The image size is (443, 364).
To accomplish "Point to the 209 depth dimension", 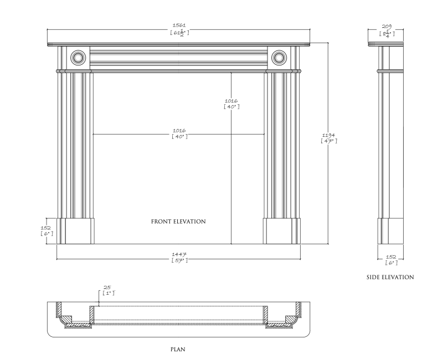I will [x=387, y=25].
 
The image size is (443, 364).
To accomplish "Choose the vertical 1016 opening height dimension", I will [x=231, y=101].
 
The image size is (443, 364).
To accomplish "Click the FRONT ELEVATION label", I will [x=178, y=222].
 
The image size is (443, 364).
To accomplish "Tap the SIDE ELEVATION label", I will [x=390, y=277].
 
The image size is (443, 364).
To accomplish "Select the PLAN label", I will [x=178, y=350].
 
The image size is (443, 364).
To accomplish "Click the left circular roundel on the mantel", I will [x=78, y=57].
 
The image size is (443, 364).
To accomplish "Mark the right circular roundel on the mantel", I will [x=279, y=57].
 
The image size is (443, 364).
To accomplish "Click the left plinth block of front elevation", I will [x=76, y=230].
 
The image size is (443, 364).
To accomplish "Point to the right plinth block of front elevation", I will [x=282, y=230].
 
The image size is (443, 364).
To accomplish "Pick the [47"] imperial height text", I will [x=329, y=141].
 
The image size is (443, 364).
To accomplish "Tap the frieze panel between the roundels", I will [x=179, y=57].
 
